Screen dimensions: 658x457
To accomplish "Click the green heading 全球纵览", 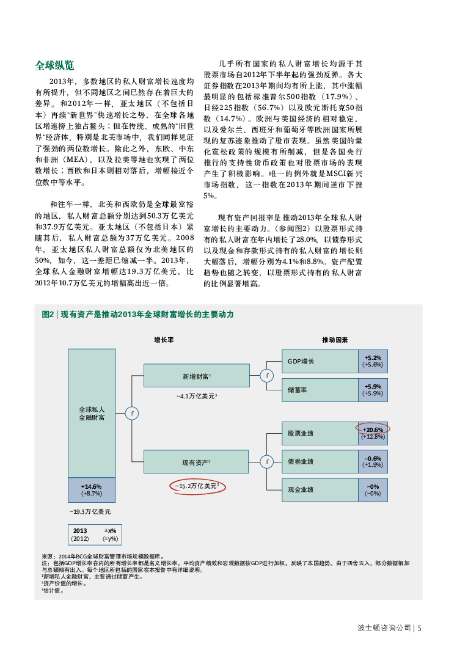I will coord(54,65).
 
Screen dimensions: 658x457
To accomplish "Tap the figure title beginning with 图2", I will coord(137,314).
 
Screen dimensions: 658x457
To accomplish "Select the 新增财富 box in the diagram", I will coord(196,376).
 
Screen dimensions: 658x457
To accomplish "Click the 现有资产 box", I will coord(196,462).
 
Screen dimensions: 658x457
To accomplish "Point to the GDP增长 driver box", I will coord(320,361).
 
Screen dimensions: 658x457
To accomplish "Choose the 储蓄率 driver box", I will coord(320,390).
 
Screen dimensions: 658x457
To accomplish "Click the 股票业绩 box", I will coord(320,433).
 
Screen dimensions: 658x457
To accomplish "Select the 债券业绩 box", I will coord(320,461).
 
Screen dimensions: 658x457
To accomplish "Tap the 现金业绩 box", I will coord(320,489).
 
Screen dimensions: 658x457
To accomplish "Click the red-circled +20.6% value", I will coord(373,430).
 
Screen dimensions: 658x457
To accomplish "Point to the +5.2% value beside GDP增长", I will coord(373,358).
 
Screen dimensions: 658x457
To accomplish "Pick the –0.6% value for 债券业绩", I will coord(373,458).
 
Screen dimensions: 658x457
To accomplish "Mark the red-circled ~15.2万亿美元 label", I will coord(197,486).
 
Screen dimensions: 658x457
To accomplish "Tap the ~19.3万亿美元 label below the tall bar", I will coord(90,511).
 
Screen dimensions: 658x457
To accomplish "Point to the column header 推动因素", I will coord(335,339).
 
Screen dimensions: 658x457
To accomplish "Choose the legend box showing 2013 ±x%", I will coord(95,535).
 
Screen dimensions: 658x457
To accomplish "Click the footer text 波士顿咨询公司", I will coord(384,627).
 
